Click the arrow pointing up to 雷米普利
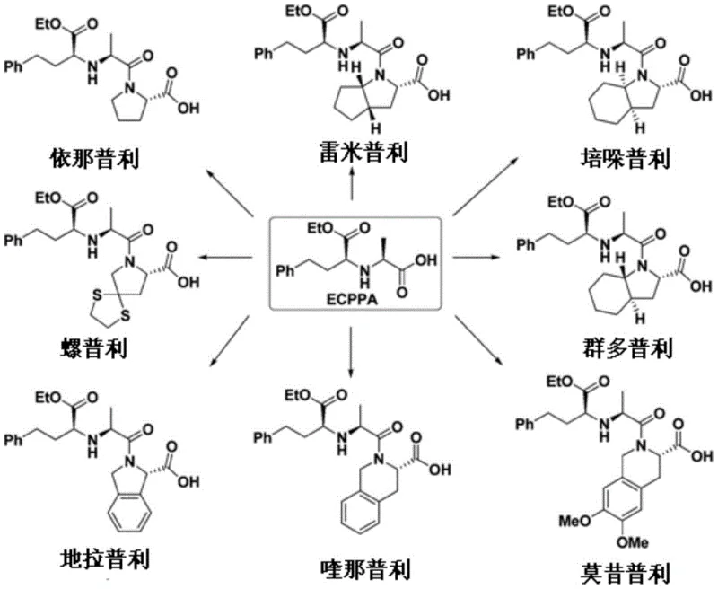tap(352, 186)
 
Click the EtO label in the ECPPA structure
tap(320, 224)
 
